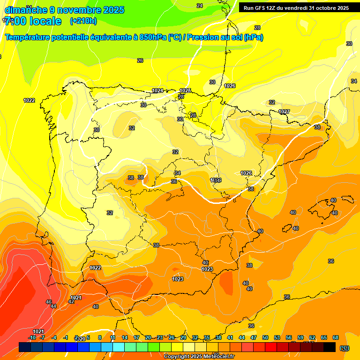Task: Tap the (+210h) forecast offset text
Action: pos(83,21)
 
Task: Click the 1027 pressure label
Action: pos(284,112)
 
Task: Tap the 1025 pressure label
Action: pos(185,90)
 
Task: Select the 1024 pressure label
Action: pos(157,90)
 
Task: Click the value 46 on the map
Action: pos(49,302)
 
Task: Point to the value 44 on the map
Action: pos(53,307)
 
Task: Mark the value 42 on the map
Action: pos(71,301)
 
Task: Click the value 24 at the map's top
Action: pos(200,6)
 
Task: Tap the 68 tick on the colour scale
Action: pos(336,337)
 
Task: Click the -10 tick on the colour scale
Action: pos(32,337)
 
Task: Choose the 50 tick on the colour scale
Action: pos(265,337)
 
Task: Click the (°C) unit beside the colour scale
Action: pos(345,347)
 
